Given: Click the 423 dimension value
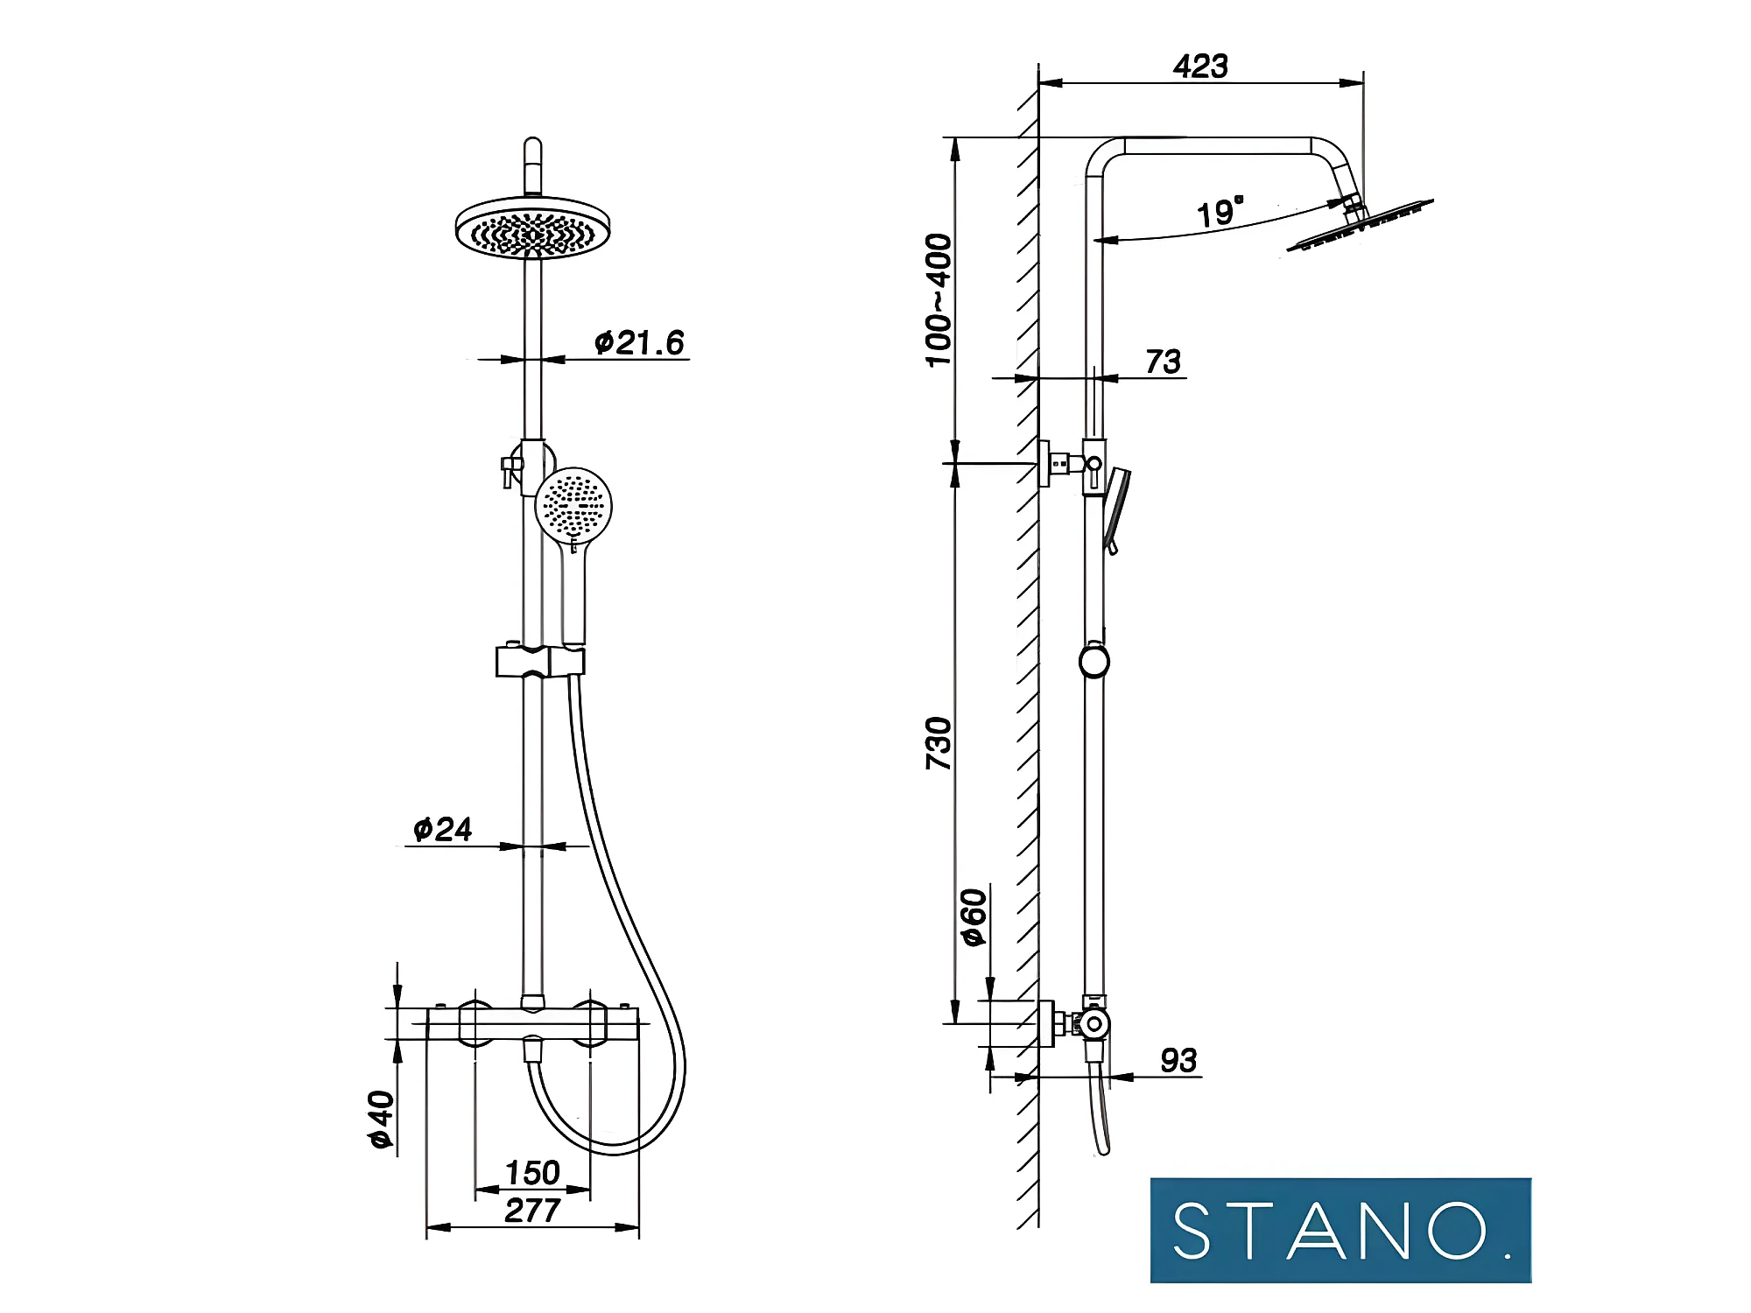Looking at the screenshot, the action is [1199, 67].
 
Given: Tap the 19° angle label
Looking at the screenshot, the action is [1220, 212].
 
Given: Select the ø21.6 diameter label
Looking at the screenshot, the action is [639, 342].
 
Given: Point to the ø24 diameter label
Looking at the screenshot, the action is [443, 829].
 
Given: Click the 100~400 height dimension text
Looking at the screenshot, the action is [939, 300].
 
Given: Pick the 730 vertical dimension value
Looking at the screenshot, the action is [939, 743].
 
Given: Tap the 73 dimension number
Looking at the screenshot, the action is [1164, 362].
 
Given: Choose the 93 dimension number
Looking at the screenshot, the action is [1178, 1061].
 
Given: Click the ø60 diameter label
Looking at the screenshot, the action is [974, 916].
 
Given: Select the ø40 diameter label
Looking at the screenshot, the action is [382, 1120].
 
